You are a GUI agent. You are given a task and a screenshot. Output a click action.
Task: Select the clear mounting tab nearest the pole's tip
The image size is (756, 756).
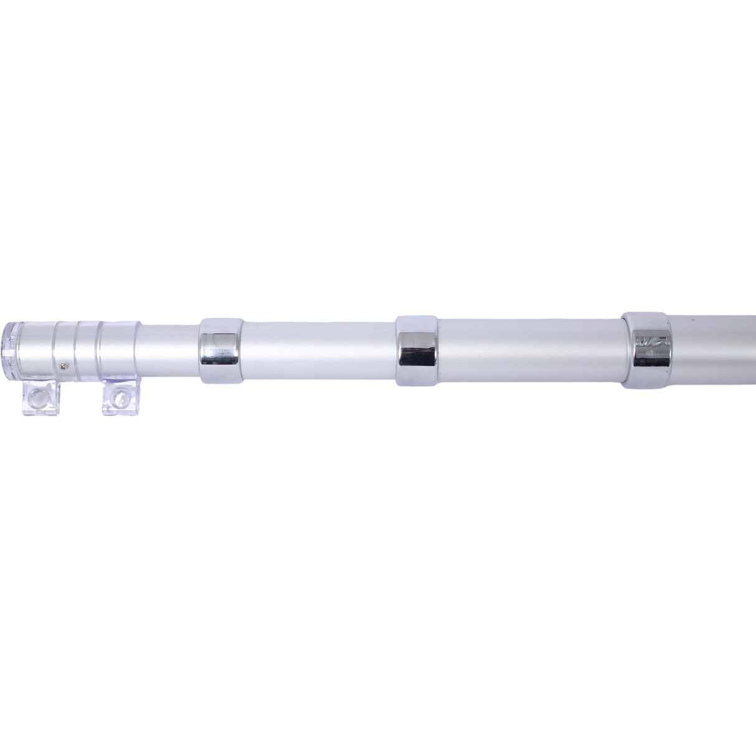click(40, 398)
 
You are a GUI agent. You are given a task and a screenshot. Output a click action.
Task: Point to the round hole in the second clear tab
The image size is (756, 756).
click(117, 395)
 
